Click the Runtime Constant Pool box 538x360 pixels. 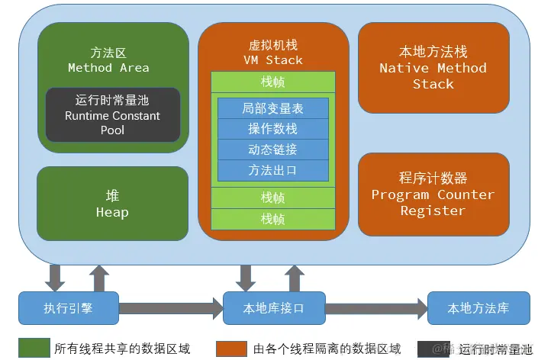click(113, 115)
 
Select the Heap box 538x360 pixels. click(112, 204)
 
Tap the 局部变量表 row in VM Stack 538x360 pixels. click(272, 108)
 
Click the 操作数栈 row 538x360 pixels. click(272, 129)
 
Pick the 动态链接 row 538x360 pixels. click(272, 149)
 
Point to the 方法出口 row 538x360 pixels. click(272, 170)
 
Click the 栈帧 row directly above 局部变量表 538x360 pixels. click(272, 82)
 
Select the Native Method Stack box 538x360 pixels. click(433, 67)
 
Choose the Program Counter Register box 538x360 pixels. click(433, 194)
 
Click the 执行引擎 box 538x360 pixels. click(68, 308)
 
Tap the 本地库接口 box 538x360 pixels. click(272, 308)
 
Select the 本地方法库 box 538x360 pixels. click(478, 308)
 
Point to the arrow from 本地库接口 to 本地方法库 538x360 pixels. click(375, 309)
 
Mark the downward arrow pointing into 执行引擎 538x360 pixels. click(55, 277)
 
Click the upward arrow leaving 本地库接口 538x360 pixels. click(294, 277)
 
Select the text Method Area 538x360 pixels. click(108, 67)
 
